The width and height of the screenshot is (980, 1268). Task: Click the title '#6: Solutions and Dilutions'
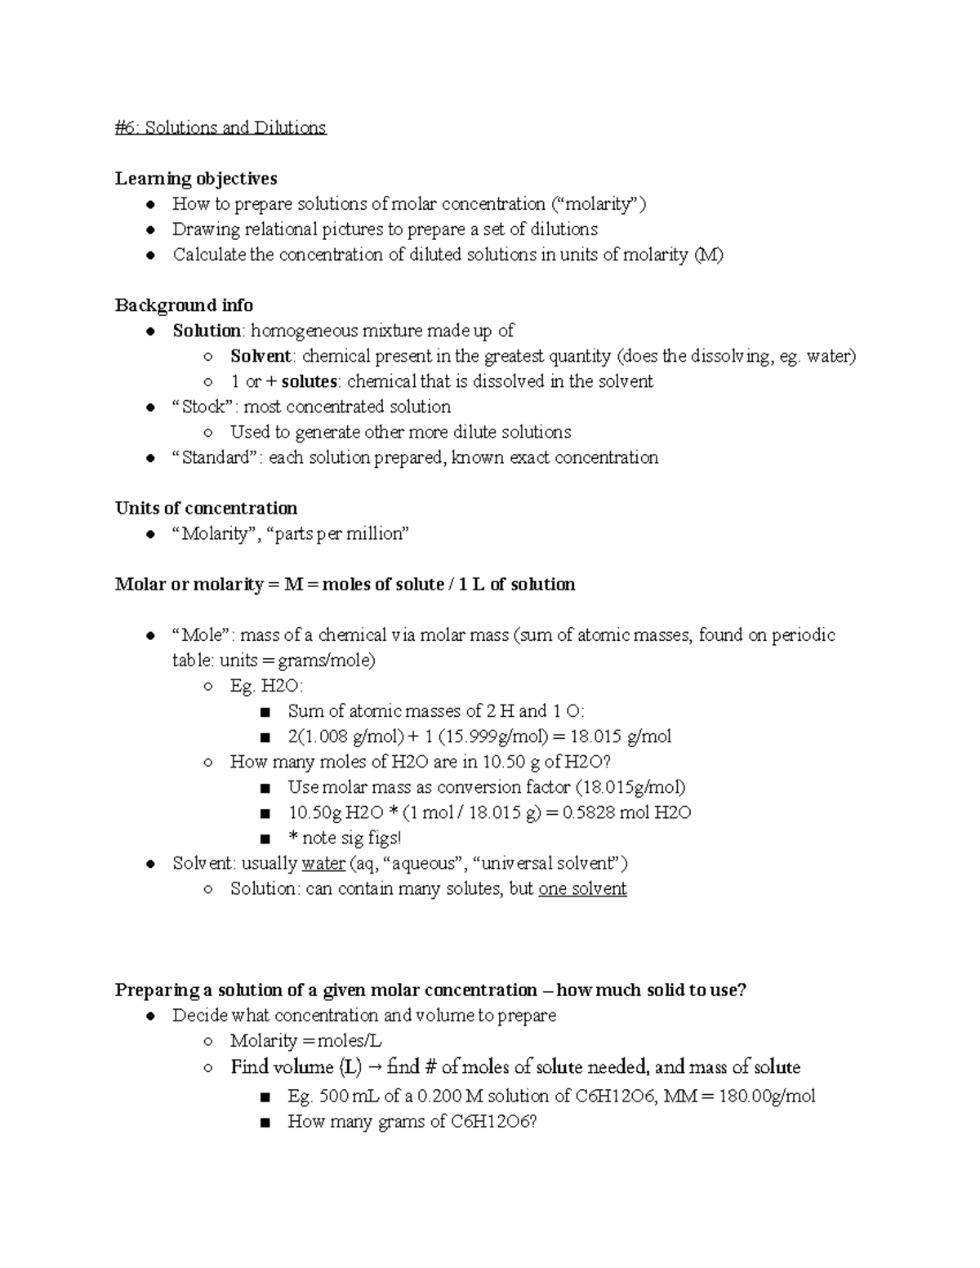click(x=220, y=128)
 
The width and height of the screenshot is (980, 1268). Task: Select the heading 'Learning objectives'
click(x=196, y=179)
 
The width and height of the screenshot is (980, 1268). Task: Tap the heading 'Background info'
click(x=184, y=305)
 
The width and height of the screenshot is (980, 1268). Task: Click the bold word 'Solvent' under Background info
click(x=261, y=356)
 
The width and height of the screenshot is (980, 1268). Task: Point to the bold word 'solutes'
click(x=309, y=381)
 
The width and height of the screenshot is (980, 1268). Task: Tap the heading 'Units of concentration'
click(x=206, y=508)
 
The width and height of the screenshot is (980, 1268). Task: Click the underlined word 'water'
click(x=323, y=863)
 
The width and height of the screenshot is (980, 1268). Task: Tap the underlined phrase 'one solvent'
click(x=582, y=888)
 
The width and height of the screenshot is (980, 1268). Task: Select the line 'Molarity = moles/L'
click(x=306, y=1040)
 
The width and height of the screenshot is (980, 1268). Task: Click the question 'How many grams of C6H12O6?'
click(x=412, y=1121)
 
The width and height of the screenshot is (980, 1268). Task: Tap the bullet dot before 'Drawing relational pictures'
click(x=150, y=230)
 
